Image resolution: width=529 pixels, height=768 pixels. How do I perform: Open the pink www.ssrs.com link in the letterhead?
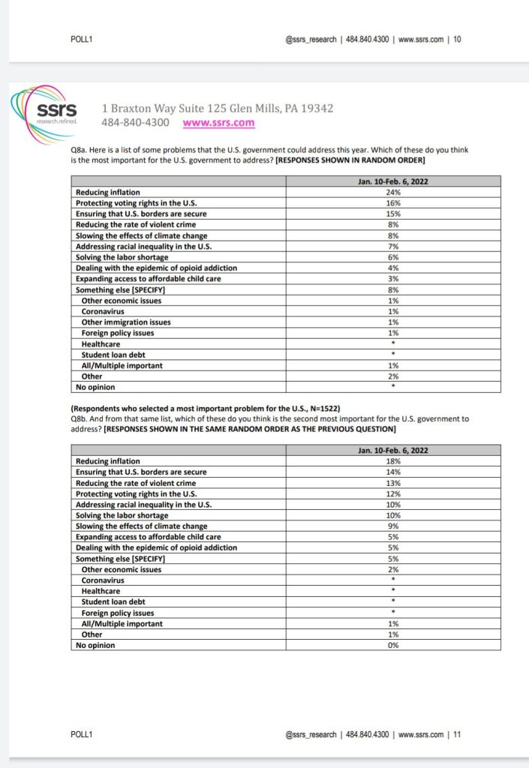pos(218,123)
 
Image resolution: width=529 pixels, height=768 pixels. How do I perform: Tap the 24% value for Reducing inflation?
pos(393,192)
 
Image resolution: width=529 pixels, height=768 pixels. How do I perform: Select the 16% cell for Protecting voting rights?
pos(393,203)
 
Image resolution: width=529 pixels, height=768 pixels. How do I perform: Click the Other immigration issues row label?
pos(126,322)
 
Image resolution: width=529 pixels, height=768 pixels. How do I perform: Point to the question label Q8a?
pos(76,150)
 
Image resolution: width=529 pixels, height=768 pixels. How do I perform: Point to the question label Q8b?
pos(76,419)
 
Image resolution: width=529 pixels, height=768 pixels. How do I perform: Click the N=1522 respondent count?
pos(320,409)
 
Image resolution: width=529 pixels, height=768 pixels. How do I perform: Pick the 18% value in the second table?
pos(393,461)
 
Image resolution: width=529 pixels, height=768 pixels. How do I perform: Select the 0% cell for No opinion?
pos(393,645)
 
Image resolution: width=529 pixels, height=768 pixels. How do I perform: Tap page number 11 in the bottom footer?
pos(457,735)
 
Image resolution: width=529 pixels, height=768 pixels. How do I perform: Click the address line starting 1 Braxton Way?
pos(218,109)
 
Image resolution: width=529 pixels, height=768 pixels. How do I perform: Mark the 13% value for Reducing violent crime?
pos(393,483)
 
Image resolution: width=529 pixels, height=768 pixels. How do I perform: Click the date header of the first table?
pos(393,181)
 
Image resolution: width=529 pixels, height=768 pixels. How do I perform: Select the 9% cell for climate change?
pos(393,526)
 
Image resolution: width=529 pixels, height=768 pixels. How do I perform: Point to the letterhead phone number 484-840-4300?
pos(135,123)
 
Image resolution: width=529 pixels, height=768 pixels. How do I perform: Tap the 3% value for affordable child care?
pos(393,279)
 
